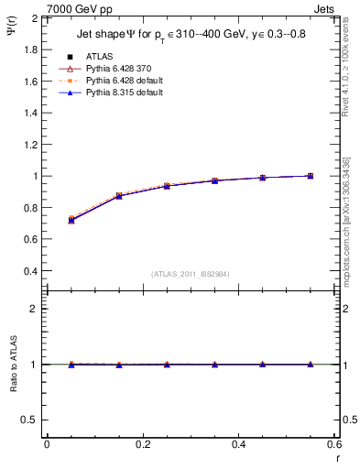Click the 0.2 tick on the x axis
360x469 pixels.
pyautogui.click(x=142, y=444)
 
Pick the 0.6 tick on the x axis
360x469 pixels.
pyautogui.click(x=333, y=444)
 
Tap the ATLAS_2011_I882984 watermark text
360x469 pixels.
pyautogui.click(x=191, y=274)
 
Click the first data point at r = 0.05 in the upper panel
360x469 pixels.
pyautogui.click(x=71, y=220)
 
